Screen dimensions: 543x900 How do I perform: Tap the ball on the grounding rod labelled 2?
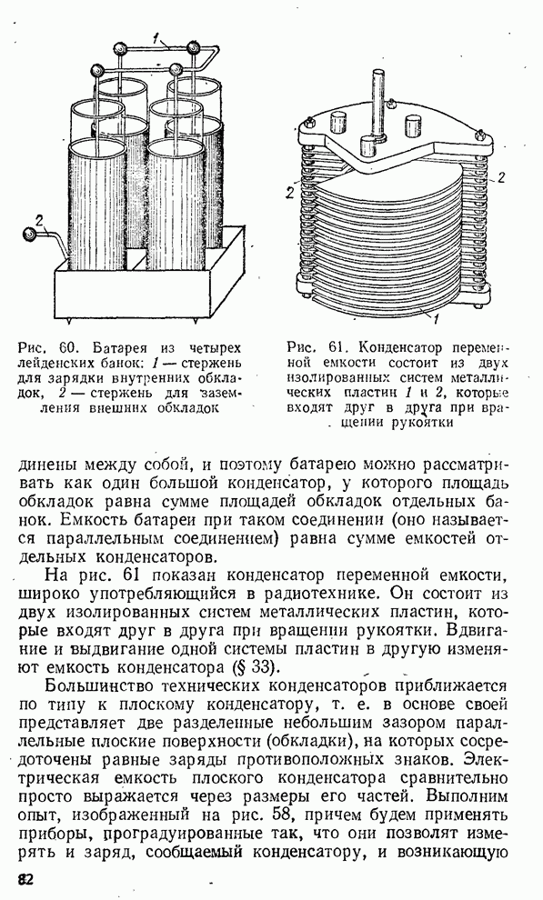27,235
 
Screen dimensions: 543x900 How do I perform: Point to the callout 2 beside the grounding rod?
39,219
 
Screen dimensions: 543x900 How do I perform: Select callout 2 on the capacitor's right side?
500,177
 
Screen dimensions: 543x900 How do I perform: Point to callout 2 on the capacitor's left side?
291,193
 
